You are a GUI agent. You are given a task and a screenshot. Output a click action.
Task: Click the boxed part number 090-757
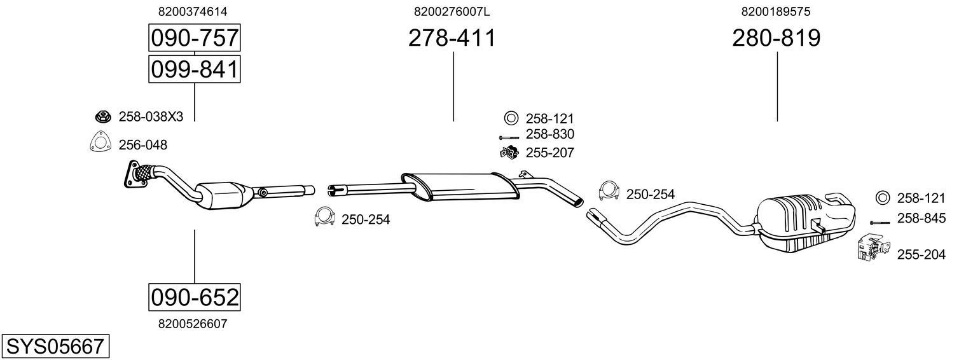pos(195,38)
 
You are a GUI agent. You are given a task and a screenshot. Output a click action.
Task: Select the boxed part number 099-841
pos(195,69)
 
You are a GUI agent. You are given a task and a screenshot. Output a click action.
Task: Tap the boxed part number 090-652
pos(195,298)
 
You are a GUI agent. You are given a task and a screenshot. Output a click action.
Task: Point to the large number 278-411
pos(452,38)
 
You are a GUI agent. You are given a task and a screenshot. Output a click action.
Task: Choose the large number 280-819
pos(776,38)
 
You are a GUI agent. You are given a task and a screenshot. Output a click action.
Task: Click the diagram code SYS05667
pos(55,347)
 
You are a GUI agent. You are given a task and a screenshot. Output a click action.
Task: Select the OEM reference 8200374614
pos(193,11)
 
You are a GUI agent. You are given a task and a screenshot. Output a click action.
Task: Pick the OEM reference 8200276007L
pos(452,11)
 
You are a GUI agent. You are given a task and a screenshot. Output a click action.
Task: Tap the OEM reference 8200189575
pos(776,11)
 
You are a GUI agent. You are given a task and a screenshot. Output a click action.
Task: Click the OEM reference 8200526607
pos(193,324)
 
